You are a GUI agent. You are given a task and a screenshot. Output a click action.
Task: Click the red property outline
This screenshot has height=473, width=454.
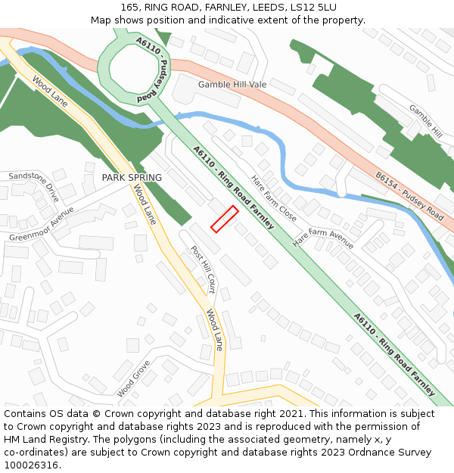224,219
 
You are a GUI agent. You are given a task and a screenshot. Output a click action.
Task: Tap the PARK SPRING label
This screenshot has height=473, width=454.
132,178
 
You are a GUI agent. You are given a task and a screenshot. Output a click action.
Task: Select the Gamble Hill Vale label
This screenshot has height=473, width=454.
232,85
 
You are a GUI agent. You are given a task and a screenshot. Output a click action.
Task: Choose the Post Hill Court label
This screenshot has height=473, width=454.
204,269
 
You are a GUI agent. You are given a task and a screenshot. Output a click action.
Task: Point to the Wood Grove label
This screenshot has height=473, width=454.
133,378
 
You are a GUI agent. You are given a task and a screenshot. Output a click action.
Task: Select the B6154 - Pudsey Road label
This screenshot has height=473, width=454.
409,195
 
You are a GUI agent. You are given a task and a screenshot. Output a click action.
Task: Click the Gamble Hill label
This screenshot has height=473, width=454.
426,121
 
